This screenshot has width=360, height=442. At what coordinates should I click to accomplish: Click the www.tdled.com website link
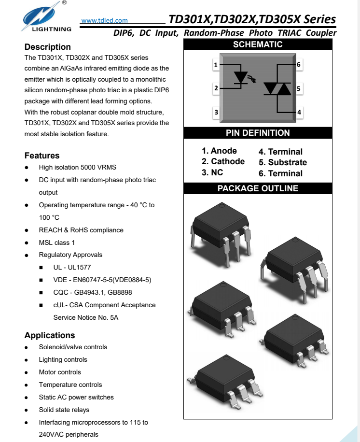(105, 20)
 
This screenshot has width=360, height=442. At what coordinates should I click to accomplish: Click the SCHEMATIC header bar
(258, 45)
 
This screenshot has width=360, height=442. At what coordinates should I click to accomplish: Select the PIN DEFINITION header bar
(258, 133)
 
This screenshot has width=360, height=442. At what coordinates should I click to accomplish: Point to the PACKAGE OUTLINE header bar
(258, 188)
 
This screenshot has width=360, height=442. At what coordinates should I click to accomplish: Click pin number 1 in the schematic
(216, 64)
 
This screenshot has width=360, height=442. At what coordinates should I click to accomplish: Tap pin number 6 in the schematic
(299, 64)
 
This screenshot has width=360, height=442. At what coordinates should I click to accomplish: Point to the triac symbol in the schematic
(277, 88)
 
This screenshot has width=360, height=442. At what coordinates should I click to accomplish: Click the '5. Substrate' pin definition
(282, 163)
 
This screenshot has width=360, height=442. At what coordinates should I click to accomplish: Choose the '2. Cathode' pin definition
(223, 162)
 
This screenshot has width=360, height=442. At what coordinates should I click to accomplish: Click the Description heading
(48, 47)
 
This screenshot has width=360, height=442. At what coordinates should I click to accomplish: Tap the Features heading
(42, 156)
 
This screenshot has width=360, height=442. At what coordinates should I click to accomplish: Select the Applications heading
(50, 335)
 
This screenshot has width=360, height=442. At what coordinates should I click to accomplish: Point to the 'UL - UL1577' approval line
(71, 267)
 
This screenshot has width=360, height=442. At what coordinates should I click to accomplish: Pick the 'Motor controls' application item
(60, 372)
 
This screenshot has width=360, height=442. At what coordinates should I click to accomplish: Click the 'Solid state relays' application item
(64, 410)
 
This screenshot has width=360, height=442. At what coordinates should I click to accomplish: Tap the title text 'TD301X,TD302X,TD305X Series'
(252, 19)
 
